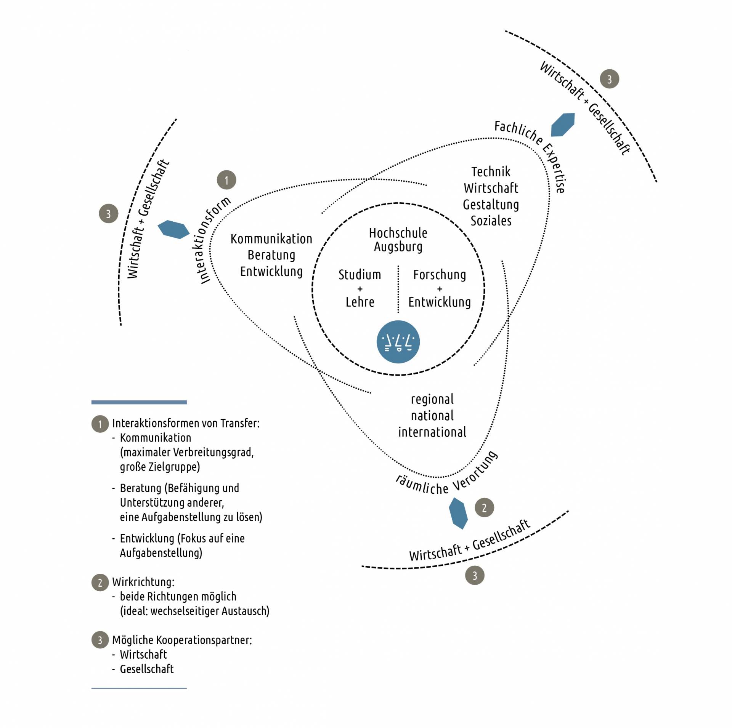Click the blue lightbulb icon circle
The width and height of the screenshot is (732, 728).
(398, 341)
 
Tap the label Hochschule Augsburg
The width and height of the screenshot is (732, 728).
(398, 240)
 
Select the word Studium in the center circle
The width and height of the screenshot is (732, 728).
(360, 275)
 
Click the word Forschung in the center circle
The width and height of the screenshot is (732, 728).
(440, 275)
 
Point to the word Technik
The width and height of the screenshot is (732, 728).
(491, 172)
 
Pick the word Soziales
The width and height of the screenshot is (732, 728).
(491, 221)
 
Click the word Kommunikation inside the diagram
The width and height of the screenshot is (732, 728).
(271, 239)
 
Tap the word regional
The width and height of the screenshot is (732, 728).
(432, 399)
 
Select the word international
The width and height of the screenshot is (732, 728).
(432, 432)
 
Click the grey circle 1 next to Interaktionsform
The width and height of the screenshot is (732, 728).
(226, 180)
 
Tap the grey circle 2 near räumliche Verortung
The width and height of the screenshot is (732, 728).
(484, 507)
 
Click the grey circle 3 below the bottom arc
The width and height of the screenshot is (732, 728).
(475, 575)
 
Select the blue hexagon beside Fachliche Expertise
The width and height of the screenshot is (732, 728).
(563, 125)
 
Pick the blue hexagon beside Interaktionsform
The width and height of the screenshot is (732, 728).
(173, 229)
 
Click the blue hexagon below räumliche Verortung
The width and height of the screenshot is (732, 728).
(458, 513)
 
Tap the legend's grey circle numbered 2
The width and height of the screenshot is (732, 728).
(100, 582)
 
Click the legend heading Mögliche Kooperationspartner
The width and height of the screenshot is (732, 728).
(182, 640)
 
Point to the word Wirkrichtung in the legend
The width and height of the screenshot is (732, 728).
(143, 582)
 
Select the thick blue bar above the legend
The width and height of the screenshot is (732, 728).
(139, 402)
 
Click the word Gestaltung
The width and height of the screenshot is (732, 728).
(491, 205)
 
